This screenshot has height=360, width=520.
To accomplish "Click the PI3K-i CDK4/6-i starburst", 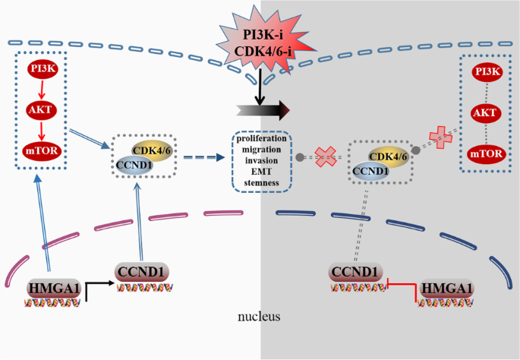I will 260,37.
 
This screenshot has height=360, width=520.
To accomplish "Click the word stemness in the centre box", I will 260,182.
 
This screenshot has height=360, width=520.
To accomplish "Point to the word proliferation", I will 260,140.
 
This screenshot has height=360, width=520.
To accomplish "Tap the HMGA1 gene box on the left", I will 52,287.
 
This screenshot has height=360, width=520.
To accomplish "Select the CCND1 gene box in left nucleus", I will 141,271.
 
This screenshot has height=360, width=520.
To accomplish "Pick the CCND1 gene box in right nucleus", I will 355,271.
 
